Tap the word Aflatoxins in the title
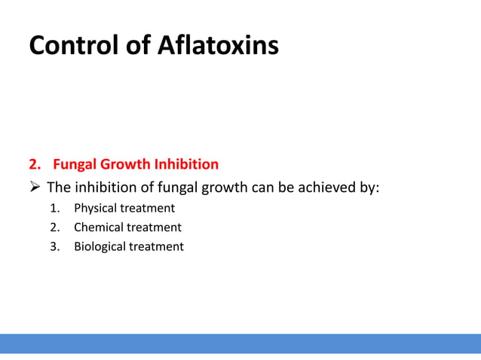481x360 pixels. (218, 45)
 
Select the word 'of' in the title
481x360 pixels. (140, 45)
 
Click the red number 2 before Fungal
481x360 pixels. (32, 164)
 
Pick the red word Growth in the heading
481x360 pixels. (124, 164)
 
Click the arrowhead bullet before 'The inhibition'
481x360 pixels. (35, 187)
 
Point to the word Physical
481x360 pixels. (95, 208)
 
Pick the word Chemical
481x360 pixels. (98, 227)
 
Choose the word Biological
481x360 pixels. (100, 246)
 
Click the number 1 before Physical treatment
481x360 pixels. (54, 208)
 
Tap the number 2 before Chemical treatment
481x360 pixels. (54, 227)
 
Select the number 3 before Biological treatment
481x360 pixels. (54, 246)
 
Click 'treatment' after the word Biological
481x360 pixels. (156, 246)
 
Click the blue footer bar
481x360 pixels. (240, 343)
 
